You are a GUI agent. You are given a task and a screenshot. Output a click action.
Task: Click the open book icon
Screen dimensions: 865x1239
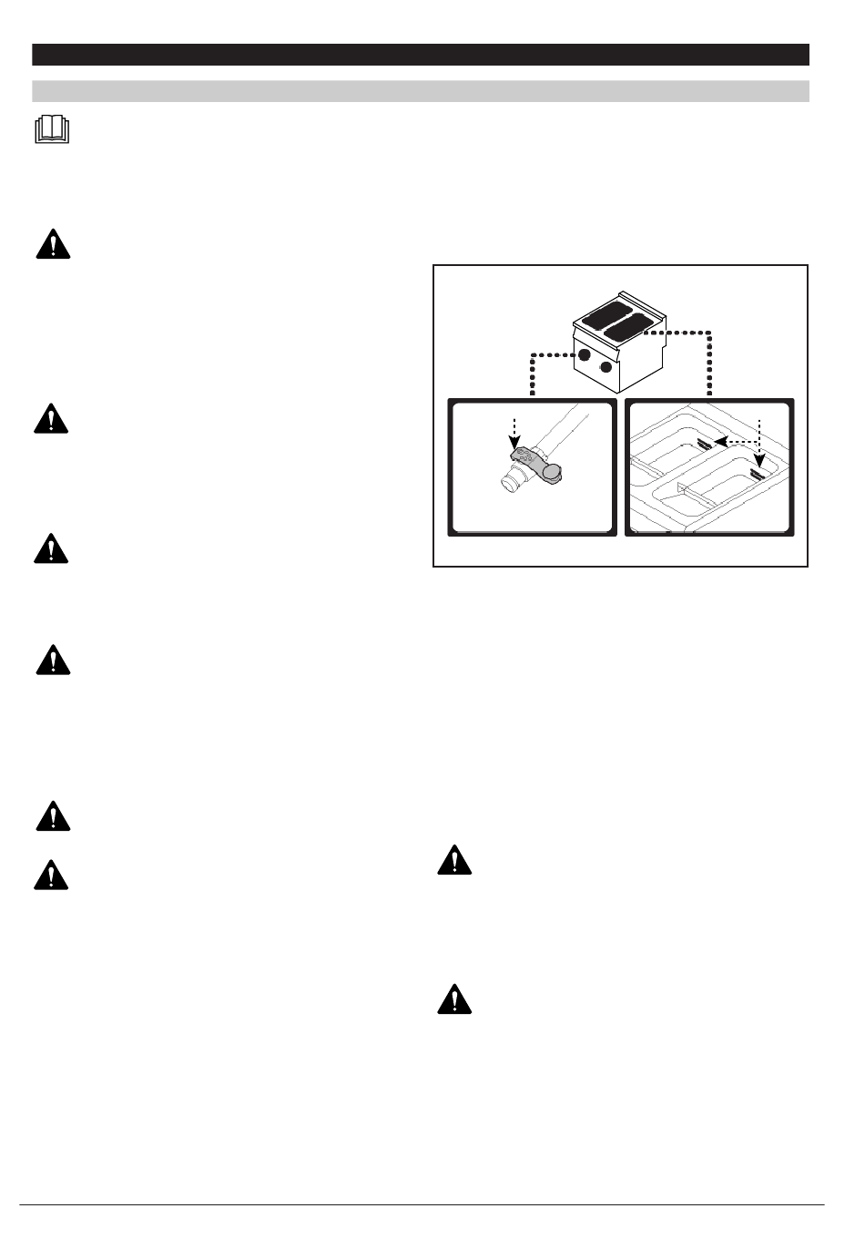52,131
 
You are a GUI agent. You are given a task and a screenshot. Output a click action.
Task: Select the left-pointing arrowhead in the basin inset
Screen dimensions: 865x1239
718,442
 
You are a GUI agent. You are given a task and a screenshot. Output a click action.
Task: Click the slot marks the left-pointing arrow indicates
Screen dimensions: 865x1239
704,444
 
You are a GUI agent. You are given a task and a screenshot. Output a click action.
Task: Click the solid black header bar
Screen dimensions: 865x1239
421,54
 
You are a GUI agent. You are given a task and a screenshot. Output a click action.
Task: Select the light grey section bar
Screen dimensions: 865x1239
421,91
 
